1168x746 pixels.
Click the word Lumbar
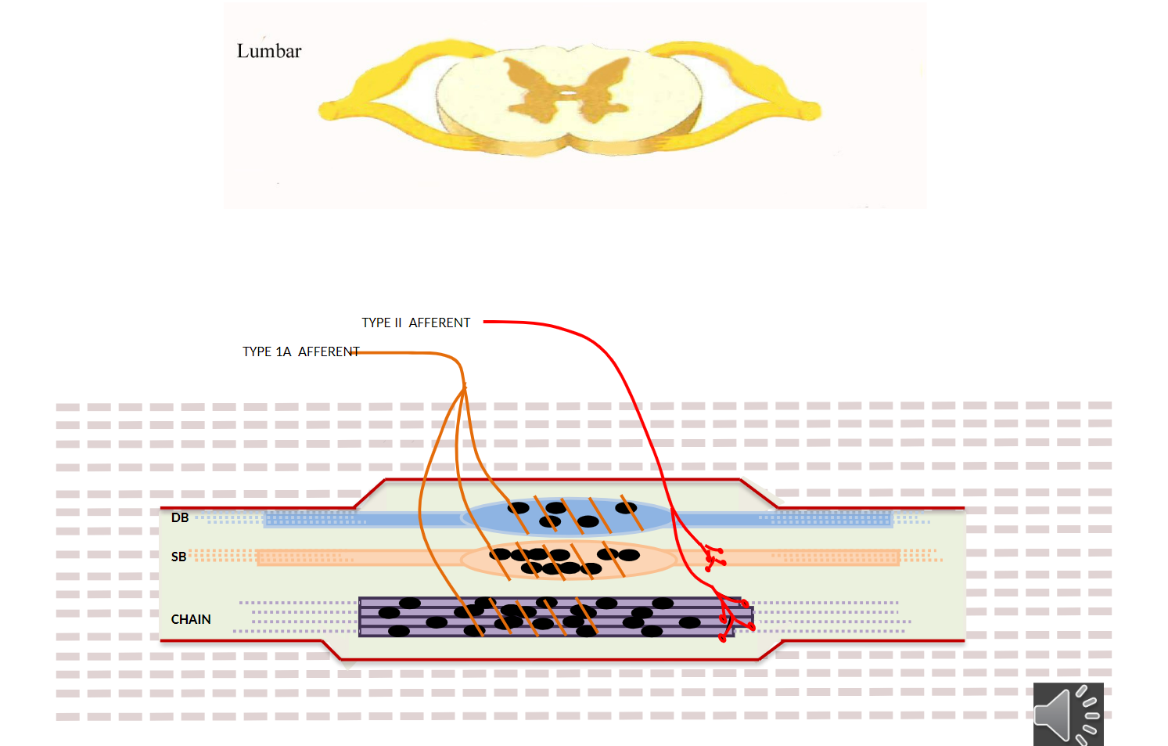(269, 52)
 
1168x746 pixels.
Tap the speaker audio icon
(1068, 714)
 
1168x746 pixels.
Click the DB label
(180, 517)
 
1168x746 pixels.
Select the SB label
(178, 557)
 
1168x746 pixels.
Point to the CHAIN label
(191, 619)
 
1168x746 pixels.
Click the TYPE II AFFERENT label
(415, 323)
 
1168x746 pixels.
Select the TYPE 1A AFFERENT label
(300, 351)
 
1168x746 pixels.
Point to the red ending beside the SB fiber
(713, 557)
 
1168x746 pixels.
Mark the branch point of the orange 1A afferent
(464, 386)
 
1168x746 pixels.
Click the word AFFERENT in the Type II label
(440, 323)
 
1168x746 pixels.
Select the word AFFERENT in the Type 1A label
(329, 351)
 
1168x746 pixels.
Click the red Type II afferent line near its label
(516, 322)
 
